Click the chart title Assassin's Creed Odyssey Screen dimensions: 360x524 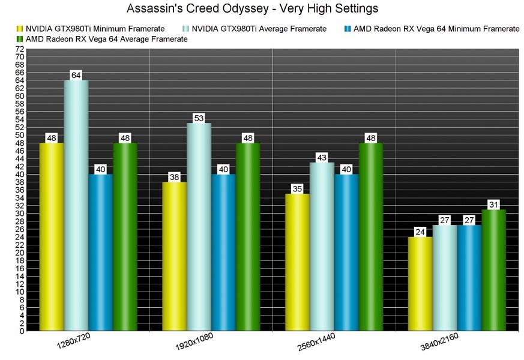pyautogui.click(x=261, y=9)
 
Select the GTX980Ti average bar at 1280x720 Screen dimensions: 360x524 pyautogui.click(x=76, y=204)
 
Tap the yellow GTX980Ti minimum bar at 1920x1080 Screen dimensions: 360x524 pyautogui.click(x=174, y=255)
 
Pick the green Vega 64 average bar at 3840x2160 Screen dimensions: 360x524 pyautogui.click(x=494, y=270)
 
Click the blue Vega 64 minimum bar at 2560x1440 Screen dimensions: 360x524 pyautogui.click(x=346, y=252)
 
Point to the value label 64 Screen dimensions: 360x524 pyautogui.click(x=76, y=75)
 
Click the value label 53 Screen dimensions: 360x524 pyautogui.click(x=199, y=118)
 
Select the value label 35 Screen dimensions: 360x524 pyautogui.click(x=297, y=188)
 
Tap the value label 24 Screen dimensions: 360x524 pyautogui.click(x=420, y=232)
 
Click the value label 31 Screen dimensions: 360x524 pyautogui.click(x=494, y=204)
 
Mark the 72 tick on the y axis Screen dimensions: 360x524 pyautogui.click(x=20, y=49)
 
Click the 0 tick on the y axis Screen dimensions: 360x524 pyautogui.click(x=22, y=331)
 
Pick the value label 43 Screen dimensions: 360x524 pyautogui.click(x=322, y=157)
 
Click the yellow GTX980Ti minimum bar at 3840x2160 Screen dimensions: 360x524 pyautogui.click(x=420, y=285)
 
